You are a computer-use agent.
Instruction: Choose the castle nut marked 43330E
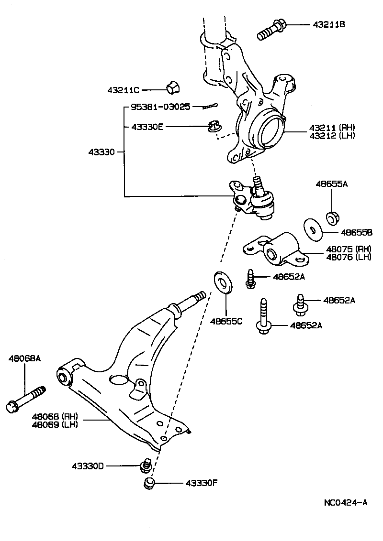(213, 127)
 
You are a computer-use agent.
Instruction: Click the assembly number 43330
(101, 152)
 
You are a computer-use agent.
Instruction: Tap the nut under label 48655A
(333, 217)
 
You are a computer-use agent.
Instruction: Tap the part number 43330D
(88, 465)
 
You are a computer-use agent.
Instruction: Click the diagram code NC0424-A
(345, 502)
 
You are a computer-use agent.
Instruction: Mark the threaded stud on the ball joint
(258, 184)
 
